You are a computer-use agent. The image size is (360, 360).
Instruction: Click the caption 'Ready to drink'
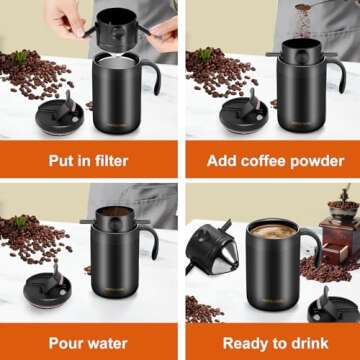click(x=273, y=342)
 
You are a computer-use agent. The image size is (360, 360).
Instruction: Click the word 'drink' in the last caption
click(x=311, y=342)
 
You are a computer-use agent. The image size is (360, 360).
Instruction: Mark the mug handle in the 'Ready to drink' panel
click(x=314, y=250)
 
